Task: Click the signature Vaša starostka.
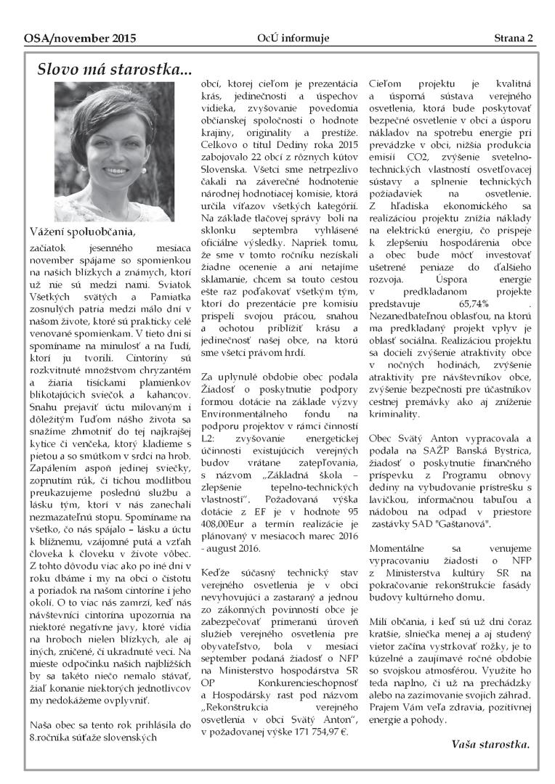tap(490, 744)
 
